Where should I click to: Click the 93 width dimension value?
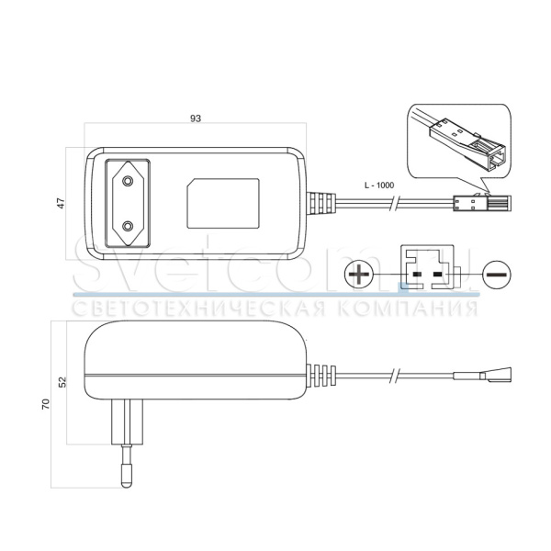click(195, 118)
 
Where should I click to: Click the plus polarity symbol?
click(359, 273)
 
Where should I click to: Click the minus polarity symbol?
click(496, 273)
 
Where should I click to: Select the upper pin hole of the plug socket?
click(128, 174)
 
